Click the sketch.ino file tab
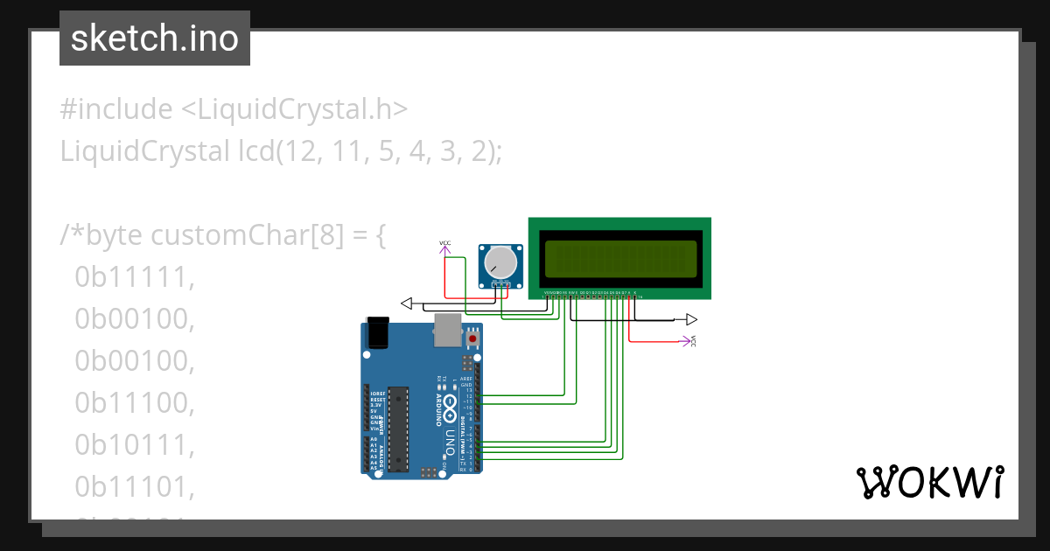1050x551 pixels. click(x=155, y=38)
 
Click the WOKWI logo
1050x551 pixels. click(x=929, y=482)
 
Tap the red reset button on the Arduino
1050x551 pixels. click(x=473, y=337)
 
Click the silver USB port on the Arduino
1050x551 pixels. click(x=446, y=330)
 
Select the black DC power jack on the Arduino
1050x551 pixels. click(x=377, y=333)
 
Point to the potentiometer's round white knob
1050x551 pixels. click(x=501, y=262)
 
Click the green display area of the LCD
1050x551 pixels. click(x=620, y=258)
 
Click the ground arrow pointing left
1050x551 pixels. click(x=406, y=303)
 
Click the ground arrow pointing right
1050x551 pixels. click(x=691, y=319)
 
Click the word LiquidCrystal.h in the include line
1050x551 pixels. click(x=294, y=109)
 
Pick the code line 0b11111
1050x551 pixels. click(x=133, y=277)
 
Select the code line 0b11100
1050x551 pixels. click(x=133, y=403)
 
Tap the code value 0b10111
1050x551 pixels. click(x=133, y=445)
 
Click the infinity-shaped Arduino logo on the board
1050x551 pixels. click(x=450, y=405)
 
